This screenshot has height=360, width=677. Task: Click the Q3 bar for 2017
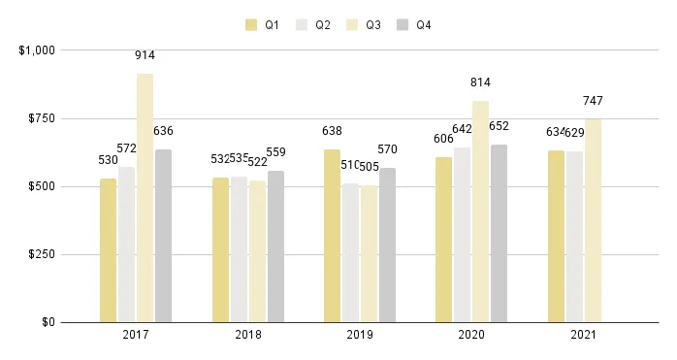coord(145,198)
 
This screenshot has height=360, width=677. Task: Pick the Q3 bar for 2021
coord(593,220)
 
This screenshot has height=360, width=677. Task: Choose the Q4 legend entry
coord(414,25)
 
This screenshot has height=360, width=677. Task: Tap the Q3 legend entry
coord(364,25)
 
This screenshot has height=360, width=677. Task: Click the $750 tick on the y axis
coord(39,118)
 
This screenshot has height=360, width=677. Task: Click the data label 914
coord(145,56)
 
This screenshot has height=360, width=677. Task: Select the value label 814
coord(480,83)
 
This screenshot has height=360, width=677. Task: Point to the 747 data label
coord(593,102)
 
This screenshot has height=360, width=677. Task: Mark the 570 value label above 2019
coord(387,149)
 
